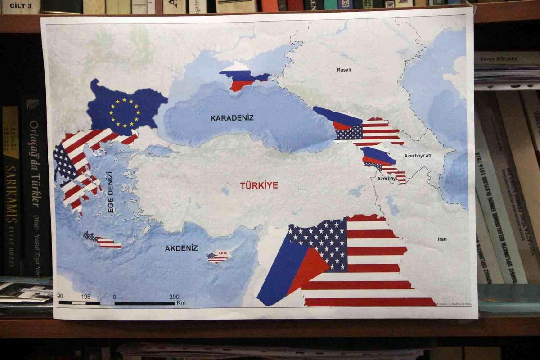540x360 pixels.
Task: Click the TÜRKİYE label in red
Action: [x=259, y=185]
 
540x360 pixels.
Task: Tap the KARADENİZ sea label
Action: [x=232, y=118]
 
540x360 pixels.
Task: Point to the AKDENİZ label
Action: [x=181, y=248]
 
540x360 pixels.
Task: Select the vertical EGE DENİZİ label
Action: [x=110, y=192]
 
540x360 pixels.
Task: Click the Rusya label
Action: [x=344, y=70]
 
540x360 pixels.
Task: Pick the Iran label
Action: [x=442, y=239]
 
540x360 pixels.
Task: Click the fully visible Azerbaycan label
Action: [x=417, y=156]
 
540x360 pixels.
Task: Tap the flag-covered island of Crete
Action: [x=103, y=241]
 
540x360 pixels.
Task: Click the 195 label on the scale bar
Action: [x=86, y=297]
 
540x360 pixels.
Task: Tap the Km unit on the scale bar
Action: [x=181, y=303]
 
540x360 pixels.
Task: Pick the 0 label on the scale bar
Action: [x=114, y=297]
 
